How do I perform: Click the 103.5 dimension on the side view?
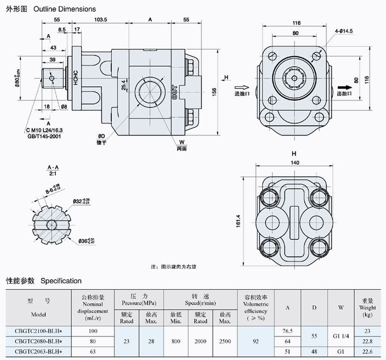point(100,19)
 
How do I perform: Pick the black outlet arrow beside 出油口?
point(344,86)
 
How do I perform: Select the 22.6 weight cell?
point(367,351)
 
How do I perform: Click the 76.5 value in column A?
point(287,331)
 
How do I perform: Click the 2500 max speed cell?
point(225,341)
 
